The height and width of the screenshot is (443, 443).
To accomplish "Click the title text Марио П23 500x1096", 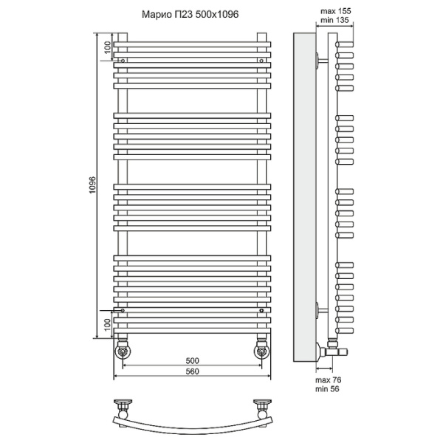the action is point(190,14).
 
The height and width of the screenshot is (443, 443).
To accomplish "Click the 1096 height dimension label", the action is point(93,185).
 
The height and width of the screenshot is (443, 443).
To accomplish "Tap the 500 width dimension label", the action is point(193,360).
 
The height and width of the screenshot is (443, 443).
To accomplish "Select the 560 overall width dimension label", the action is point(193,371).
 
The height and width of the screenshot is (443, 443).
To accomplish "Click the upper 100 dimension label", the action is point(108,47).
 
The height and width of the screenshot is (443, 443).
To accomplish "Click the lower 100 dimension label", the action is point(107,325).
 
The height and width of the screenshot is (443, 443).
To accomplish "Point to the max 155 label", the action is point(336,11).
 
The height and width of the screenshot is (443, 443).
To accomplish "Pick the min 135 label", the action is point(334,20).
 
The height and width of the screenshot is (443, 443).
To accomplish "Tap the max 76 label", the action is point(329,380).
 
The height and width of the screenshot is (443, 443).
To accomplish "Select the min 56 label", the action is point(327,389).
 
